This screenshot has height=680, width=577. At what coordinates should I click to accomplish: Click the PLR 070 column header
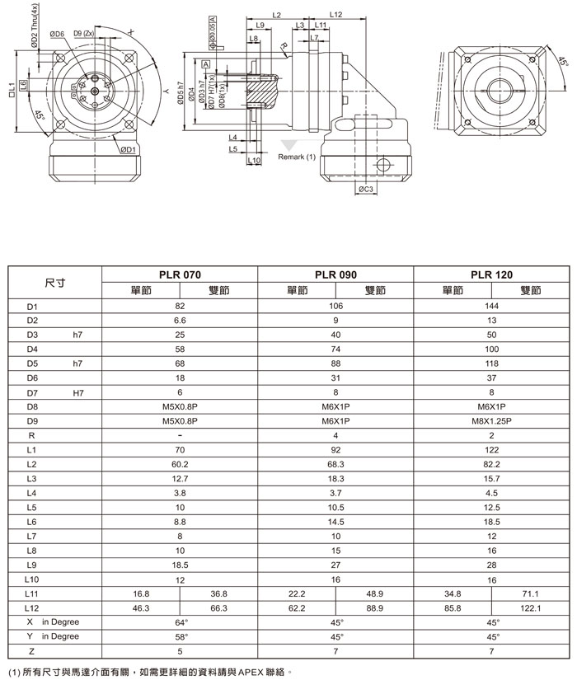pyautogui.click(x=180, y=274)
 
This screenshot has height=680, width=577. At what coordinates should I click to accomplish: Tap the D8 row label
pyautogui.click(x=33, y=407)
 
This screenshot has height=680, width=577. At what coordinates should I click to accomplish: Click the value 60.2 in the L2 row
pyautogui.click(x=180, y=465)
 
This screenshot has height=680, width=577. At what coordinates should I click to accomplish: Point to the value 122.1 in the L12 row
pyautogui.click(x=530, y=607)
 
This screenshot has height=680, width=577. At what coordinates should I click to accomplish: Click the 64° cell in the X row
pyautogui.click(x=180, y=621)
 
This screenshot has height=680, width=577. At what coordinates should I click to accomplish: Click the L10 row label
pyautogui.click(x=33, y=579)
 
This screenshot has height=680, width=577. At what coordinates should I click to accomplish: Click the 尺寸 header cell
pyautogui.click(x=55, y=282)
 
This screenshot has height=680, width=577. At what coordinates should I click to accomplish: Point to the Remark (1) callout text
pyautogui.click(x=298, y=157)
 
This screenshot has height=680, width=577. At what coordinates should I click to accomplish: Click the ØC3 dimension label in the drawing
pyautogui.click(x=367, y=190)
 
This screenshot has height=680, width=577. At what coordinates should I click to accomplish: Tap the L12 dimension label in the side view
pyautogui.click(x=335, y=15)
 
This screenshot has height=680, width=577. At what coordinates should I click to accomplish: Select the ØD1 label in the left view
pyautogui.click(x=127, y=150)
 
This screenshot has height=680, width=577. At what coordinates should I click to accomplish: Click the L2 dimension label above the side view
pyautogui.click(x=276, y=15)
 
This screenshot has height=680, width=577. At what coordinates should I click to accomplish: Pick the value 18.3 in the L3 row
pyautogui.click(x=335, y=478)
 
